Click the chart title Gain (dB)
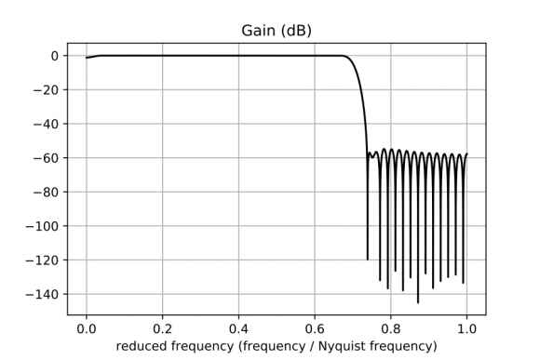[276, 32]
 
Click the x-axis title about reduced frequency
[276, 347]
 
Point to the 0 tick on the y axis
[56, 56]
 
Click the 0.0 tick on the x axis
[87, 328]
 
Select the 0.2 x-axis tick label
[162, 328]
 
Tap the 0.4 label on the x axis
[238, 328]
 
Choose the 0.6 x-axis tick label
[315, 328]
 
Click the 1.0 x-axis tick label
[466, 328]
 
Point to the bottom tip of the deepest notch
[418, 302]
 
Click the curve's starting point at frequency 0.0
[87, 58]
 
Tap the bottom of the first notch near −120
[368, 260]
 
